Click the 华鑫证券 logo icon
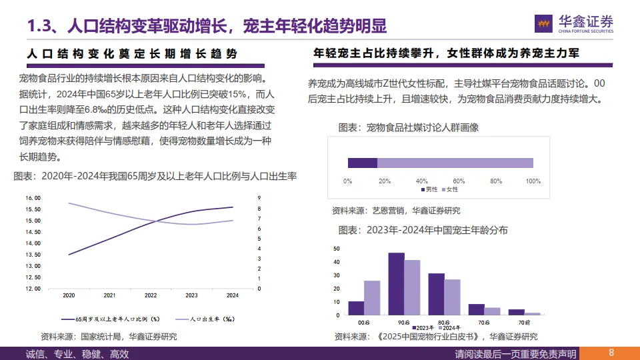tap(544, 23)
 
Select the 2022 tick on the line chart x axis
tap(151, 295)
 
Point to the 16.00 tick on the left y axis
tap(33, 198)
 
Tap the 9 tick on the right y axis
tap(259, 198)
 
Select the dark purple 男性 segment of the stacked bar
tap(362, 163)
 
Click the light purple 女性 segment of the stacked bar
tap(455, 163)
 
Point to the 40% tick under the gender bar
tap(421, 181)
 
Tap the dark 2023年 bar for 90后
tap(397, 283)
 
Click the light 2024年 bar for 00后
tap(372, 297)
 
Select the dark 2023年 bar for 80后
tap(436, 294)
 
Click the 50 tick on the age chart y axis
tap(337, 249)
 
